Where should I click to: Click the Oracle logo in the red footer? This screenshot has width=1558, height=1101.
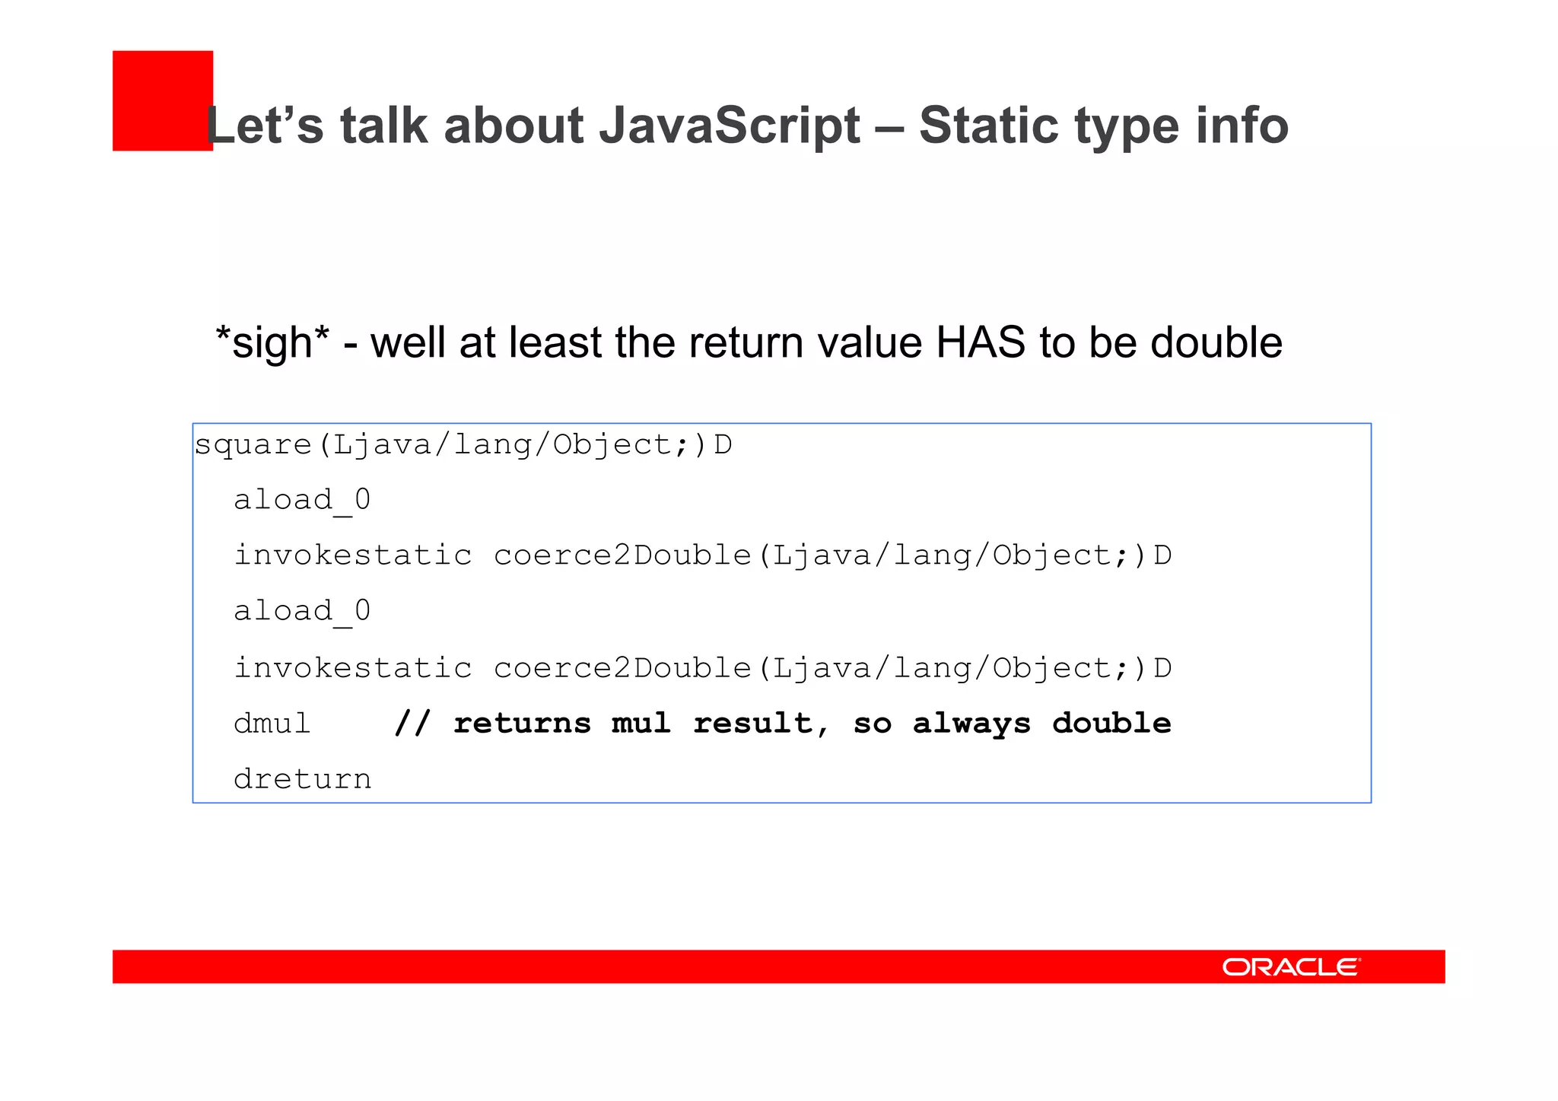(x=1290, y=966)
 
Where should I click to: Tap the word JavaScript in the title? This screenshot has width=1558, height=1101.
(x=729, y=126)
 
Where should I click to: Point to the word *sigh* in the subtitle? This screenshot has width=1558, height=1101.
(x=272, y=342)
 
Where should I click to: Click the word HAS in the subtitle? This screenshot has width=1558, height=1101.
(x=980, y=342)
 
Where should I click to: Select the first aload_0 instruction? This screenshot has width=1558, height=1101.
(x=301, y=501)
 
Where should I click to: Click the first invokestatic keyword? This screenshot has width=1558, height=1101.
(x=352, y=555)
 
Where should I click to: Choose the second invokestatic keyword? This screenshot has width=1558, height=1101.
(x=352, y=668)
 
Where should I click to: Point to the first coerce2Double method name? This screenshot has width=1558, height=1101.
(x=622, y=555)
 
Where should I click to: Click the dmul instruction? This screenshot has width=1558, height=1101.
(x=272, y=724)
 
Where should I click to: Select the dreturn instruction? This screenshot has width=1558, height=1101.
(x=302, y=779)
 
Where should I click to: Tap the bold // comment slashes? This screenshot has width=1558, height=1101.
(x=412, y=724)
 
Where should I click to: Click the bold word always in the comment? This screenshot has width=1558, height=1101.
(x=971, y=724)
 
